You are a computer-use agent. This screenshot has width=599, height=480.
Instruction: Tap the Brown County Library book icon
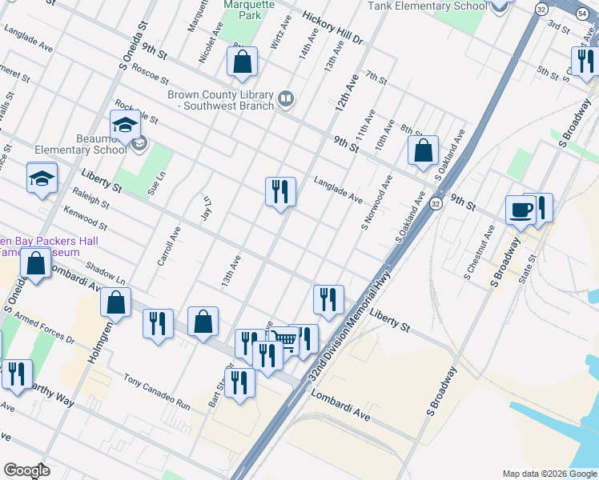(286, 98)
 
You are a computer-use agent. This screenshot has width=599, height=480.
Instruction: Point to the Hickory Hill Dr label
(333, 29)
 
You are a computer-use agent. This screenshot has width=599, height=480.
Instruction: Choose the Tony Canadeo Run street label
(157, 391)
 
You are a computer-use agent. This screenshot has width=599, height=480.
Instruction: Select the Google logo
(27, 470)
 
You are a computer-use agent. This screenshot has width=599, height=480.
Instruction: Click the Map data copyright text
(549, 473)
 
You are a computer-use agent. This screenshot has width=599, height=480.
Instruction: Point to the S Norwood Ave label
(376, 203)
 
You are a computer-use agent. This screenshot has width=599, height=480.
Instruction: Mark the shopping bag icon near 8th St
(423, 150)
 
